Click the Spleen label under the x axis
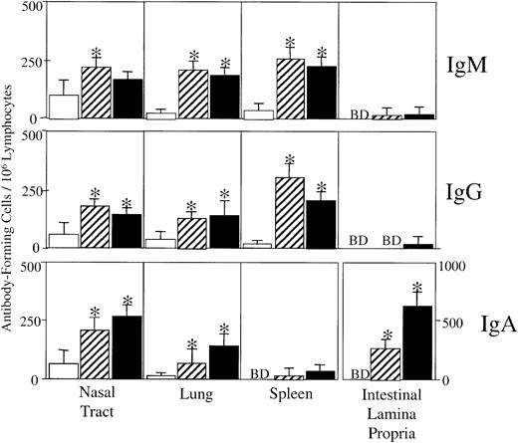pyautogui.click(x=289, y=396)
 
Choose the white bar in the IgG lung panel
pyautogui.click(x=161, y=243)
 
